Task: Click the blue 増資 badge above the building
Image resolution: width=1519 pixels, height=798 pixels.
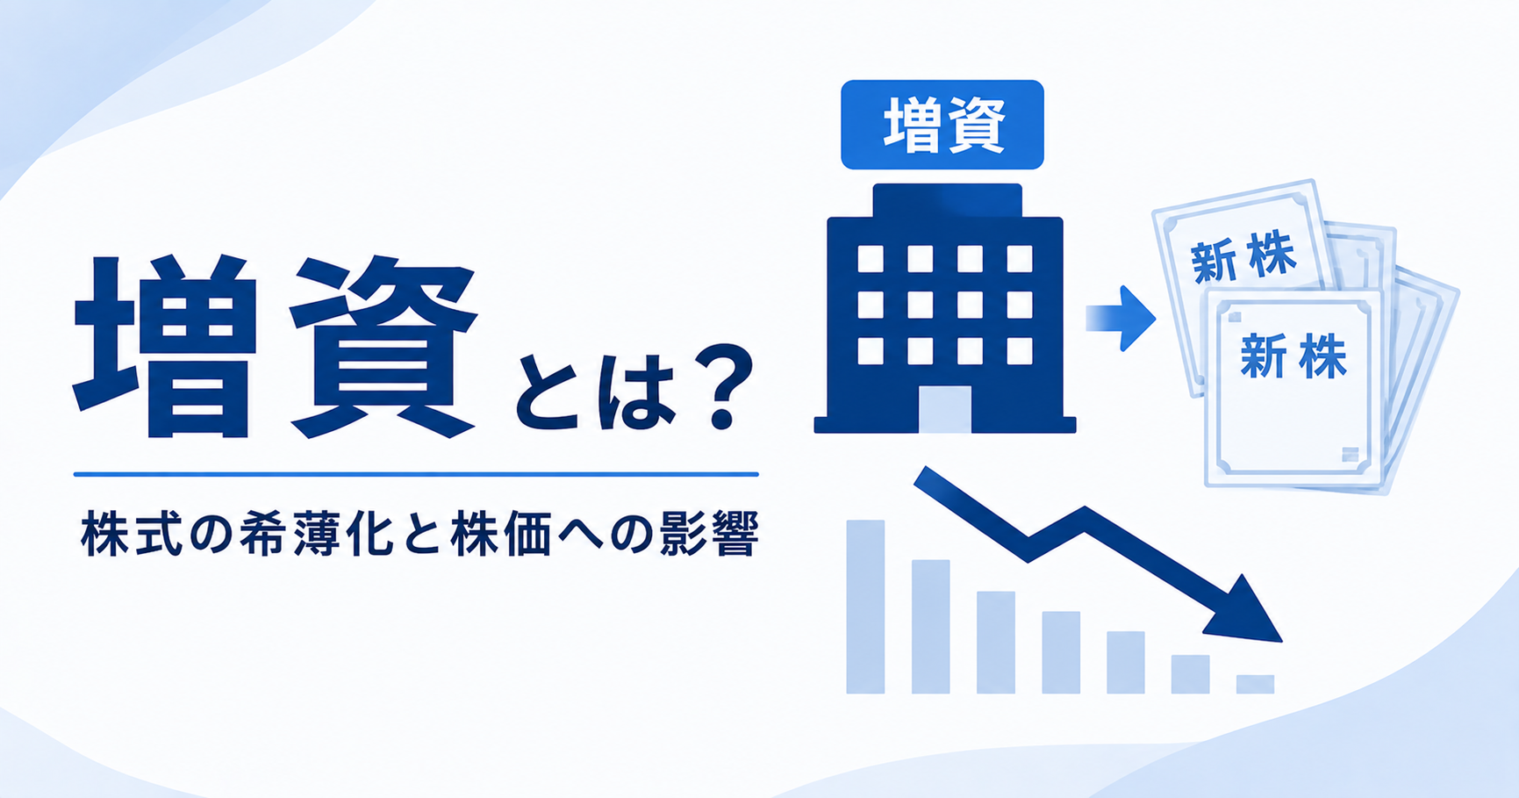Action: tap(942, 125)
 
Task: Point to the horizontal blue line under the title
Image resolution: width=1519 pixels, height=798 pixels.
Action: tap(416, 474)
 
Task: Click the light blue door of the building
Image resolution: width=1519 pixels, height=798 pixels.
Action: tap(945, 409)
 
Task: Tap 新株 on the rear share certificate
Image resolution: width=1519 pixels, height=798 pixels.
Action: tap(1243, 256)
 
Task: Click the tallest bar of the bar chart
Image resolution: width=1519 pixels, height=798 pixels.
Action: tap(865, 607)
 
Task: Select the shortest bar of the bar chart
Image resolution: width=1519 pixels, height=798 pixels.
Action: tap(1255, 684)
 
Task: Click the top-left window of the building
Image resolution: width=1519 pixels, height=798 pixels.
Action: tap(871, 259)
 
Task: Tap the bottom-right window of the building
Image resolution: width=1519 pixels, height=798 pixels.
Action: tap(1020, 351)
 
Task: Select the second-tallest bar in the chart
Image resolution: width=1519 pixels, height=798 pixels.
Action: tap(931, 627)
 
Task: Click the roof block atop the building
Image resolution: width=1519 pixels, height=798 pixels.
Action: tap(948, 200)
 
